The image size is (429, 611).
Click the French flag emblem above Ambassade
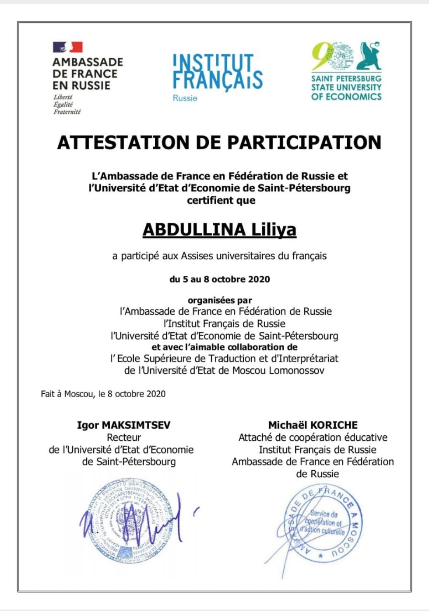tap(68, 47)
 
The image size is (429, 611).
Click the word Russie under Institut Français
tap(185, 98)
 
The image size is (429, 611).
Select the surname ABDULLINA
tap(194, 229)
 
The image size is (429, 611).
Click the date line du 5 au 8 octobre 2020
tap(220, 279)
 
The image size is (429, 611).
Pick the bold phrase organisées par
tap(220, 300)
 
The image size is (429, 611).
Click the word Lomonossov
tap(297, 371)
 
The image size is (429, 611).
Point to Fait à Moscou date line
tap(103, 394)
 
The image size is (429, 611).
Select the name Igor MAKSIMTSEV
tap(124, 425)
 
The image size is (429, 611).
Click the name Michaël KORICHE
tap(313, 425)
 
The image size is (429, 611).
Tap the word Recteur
tap(124, 437)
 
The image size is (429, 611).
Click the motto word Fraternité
tap(67, 112)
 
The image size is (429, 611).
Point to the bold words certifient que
tap(221, 201)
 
